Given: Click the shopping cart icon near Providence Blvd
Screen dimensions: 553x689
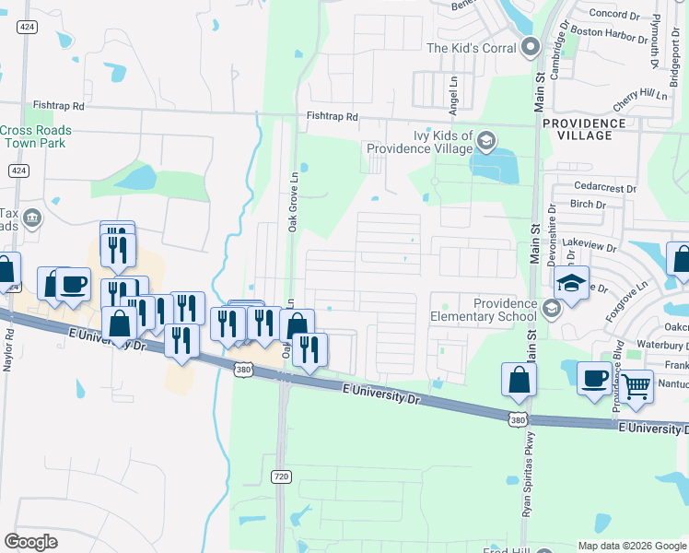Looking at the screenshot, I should click(x=636, y=387).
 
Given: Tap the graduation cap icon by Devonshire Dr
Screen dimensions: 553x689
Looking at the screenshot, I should click(x=571, y=282).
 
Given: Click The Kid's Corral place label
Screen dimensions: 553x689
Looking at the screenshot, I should click(x=473, y=47).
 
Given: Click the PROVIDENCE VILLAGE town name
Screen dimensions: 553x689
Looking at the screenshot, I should click(x=584, y=129).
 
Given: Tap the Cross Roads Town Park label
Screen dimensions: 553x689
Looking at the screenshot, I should click(x=36, y=137).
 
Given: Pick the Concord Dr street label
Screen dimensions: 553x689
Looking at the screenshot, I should click(x=613, y=15).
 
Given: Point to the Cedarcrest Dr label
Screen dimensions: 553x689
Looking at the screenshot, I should click(x=604, y=189).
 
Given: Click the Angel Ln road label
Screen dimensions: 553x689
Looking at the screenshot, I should click(x=453, y=96).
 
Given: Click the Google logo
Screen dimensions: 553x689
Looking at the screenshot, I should click(x=30, y=542).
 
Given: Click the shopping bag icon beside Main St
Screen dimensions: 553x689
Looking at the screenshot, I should click(x=520, y=380).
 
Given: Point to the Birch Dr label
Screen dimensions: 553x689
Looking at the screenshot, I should click(x=588, y=205).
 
